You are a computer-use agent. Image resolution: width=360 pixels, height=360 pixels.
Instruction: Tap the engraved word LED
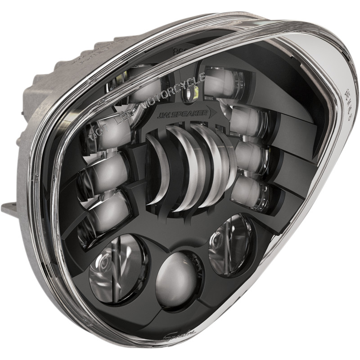(120, 118)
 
